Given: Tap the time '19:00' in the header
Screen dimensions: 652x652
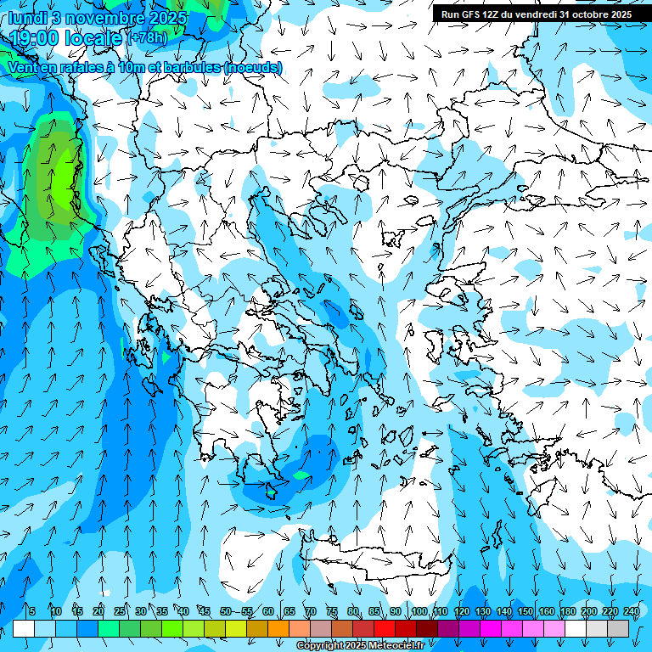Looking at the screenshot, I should (x=35, y=38).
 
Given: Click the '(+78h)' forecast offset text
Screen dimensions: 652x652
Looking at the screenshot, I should (x=147, y=38).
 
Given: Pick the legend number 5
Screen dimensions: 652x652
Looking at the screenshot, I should (x=32, y=611).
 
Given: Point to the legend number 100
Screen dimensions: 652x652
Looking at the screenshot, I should (x=419, y=611).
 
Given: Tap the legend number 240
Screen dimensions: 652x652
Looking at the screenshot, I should (x=631, y=611).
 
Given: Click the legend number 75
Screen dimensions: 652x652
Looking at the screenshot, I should (x=332, y=611).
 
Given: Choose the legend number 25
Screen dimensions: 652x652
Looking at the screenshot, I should (x=120, y=611).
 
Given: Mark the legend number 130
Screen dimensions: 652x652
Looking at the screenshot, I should (x=483, y=611).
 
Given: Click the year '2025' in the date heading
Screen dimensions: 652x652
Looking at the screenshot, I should (x=168, y=19).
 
